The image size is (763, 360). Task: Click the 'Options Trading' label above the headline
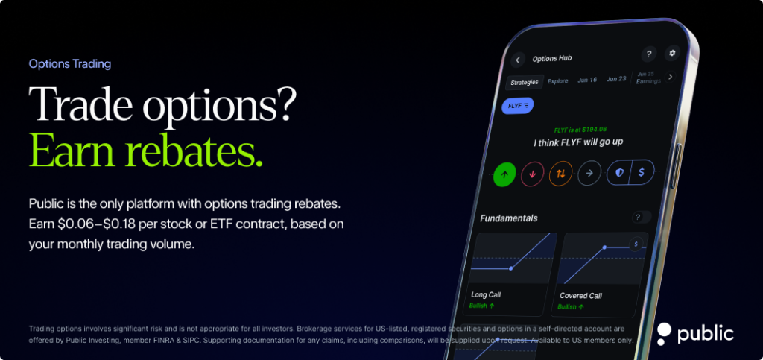(70, 64)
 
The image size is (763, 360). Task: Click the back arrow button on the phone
(519, 60)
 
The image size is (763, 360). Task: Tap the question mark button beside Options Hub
(648, 54)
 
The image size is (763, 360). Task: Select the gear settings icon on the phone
(672, 53)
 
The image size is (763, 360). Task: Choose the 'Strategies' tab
(524, 82)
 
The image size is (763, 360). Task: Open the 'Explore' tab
(557, 81)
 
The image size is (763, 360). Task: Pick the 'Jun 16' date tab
(587, 80)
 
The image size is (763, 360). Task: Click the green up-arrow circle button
(504, 174)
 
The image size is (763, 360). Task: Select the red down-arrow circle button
(532, 174)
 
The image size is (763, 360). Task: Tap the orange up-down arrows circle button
(560, 174)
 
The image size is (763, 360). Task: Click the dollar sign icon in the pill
(642, 172)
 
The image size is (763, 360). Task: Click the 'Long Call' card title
(486, 295)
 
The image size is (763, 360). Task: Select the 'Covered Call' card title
(580, 296)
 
